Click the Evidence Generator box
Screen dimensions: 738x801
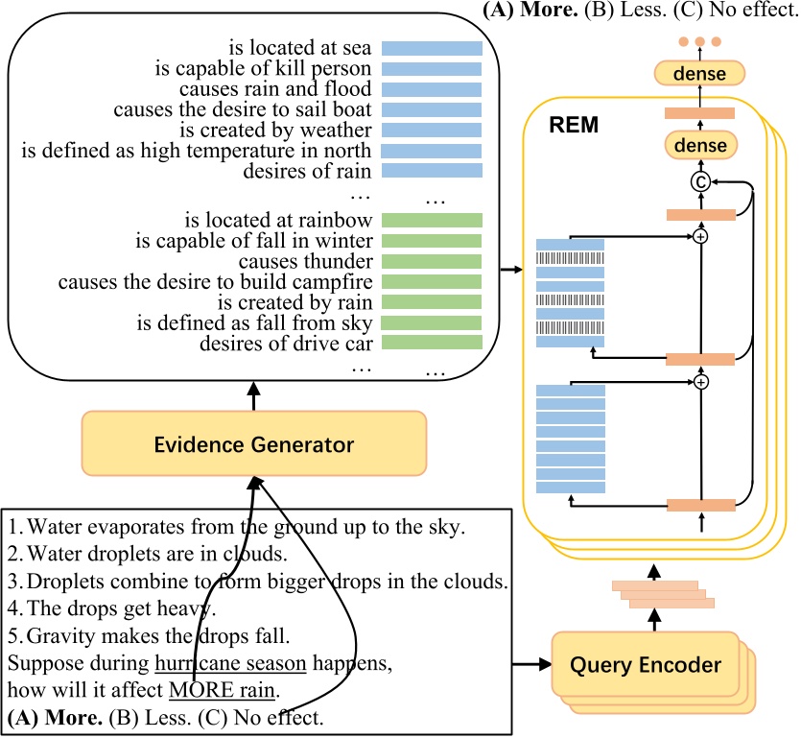click(254, 445)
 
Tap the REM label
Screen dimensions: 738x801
click(574, 124)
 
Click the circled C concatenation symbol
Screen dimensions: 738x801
click(701, 179)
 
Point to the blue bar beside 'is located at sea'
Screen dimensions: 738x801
click(432, 47)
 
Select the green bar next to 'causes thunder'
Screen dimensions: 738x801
click(432, 261)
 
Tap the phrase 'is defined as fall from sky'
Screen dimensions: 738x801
click(254, 322)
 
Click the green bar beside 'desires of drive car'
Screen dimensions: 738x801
click(432, 343)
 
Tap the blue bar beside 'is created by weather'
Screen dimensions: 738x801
click(432, 130)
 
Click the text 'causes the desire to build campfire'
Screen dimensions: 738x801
click(215, 282)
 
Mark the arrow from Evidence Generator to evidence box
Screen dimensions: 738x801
click(254, 393)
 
